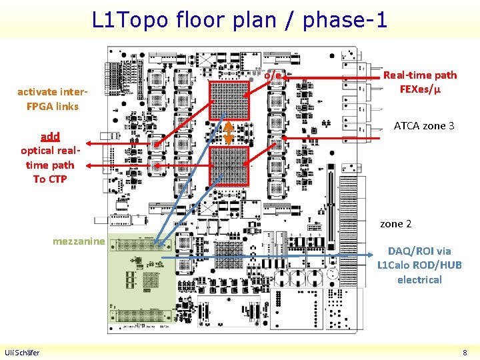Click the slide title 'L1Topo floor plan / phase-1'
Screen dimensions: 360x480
click(239, 19)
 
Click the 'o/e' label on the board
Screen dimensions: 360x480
click(273, 75)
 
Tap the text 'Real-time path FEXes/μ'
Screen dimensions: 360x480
click(419, 82)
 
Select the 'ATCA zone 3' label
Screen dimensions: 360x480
click(424, 125)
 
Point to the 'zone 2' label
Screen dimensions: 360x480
click(395, 224)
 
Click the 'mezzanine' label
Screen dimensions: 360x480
click(79, 241)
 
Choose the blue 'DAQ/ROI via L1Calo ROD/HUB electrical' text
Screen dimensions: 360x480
click(419, 265)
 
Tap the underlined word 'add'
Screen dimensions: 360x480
click(50, 137)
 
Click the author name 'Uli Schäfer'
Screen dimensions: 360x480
click(22, 353)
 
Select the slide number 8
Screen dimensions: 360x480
click(465, 353)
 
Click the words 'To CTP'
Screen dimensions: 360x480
click(49, 179)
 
